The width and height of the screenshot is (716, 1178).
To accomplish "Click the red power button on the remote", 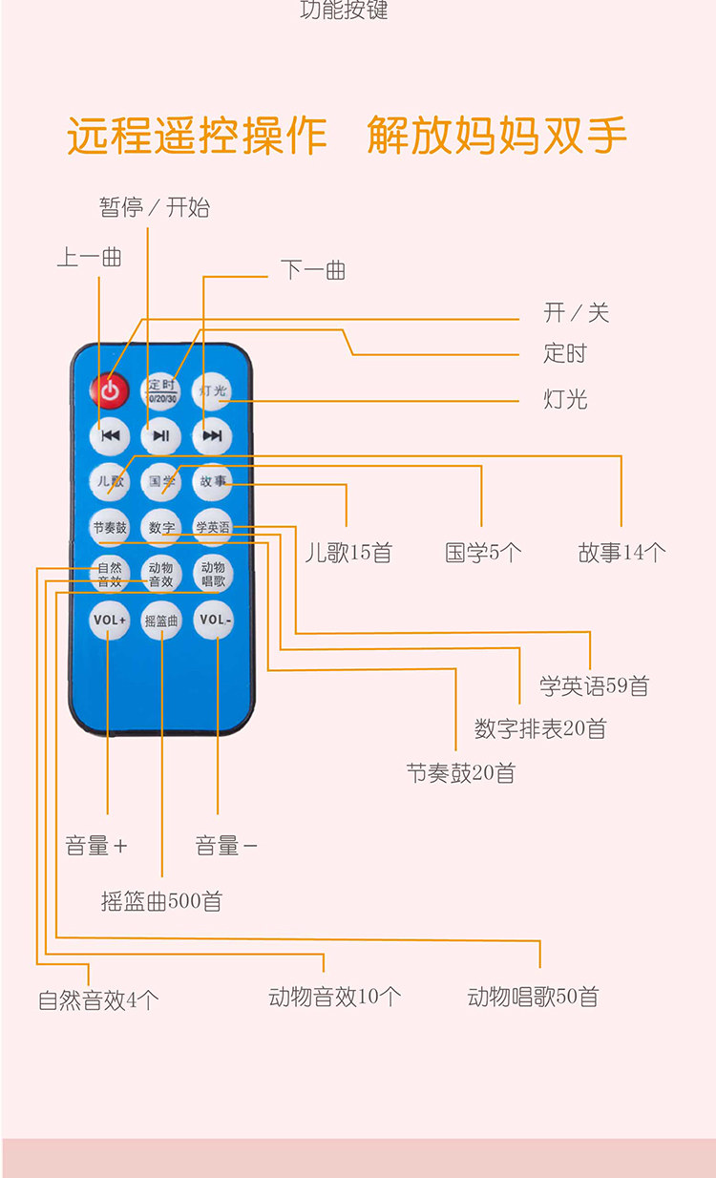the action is pos(110,389).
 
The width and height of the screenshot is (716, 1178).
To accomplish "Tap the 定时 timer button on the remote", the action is pos(161,389).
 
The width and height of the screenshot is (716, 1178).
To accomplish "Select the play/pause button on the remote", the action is pos(161,436).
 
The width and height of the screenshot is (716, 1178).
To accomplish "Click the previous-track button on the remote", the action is pos(110,436).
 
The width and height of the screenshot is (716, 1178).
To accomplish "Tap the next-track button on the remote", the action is pos(212,436).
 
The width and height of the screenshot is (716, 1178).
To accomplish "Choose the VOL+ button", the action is pos(110,620).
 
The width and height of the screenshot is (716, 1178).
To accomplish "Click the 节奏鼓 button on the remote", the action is pos(110,527).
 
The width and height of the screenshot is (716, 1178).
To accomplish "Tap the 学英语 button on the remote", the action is pos(212,527).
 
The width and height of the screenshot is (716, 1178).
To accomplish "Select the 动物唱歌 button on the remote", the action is pos(212,574).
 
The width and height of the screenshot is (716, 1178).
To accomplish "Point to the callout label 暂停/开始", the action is pos(154,207).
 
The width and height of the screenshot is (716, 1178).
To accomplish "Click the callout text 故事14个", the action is pos(621,552).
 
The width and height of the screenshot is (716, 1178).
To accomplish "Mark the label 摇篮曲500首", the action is pos(161,901).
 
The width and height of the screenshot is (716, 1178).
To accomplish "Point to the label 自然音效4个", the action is pos(98,999).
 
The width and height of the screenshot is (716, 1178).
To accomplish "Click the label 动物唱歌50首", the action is pos(533,998).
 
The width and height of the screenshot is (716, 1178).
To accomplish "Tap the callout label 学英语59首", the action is pos(593,685).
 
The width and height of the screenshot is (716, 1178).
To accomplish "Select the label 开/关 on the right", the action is pos(576,312).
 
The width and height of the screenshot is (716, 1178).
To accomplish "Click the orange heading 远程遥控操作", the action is pos(197,136).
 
